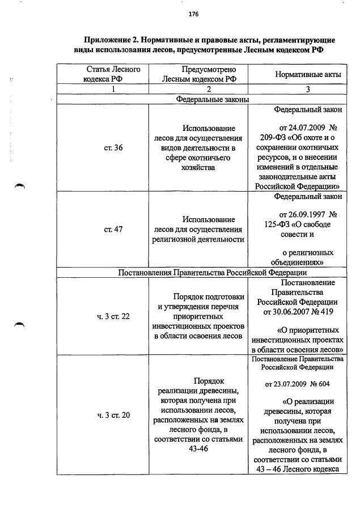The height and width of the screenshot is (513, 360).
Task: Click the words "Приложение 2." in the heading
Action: [x=111, y=40]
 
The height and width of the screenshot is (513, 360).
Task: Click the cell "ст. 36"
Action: [x=113, y=148]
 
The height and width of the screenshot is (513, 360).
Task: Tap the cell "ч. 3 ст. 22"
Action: [x=113, y=316]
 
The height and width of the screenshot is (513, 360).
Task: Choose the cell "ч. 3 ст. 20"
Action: [x=113, y=415]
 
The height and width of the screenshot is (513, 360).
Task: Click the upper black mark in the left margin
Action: [x=20, y=188]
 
